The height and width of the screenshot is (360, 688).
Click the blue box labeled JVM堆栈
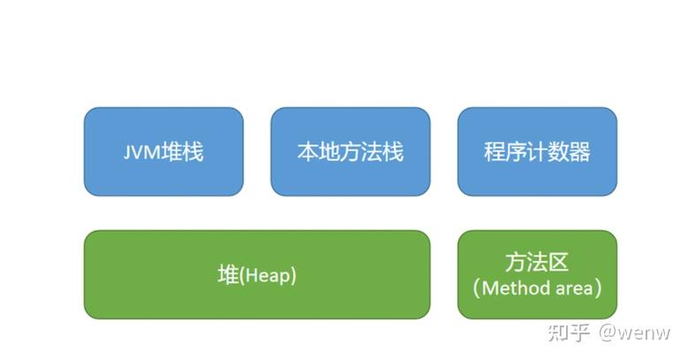pos(164,151)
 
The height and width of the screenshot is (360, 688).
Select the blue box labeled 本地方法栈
pos(350,151)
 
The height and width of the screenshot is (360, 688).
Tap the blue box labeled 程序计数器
pos(538,151)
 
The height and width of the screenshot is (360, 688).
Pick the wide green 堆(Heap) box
pos(257,274)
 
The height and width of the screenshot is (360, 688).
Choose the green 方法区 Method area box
pos(538,274)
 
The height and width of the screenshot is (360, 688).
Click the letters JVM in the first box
pos(141,153)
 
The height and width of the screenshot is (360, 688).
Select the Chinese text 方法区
pos(537,262)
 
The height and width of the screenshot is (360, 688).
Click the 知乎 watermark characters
pos(569,333)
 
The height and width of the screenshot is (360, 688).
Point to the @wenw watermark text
pos(634,333)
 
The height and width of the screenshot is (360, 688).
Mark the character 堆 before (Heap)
pos(229,275)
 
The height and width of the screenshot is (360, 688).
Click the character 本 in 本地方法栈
pos(308,152)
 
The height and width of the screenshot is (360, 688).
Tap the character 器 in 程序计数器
pos(579,152)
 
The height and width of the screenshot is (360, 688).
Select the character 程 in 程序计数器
pos(495,152)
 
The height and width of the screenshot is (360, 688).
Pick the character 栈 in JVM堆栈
pos(194,152)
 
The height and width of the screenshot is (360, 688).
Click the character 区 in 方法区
pos(559,262)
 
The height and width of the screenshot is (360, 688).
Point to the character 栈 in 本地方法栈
pos(394,152)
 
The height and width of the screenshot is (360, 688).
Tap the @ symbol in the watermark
pos(608,333)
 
